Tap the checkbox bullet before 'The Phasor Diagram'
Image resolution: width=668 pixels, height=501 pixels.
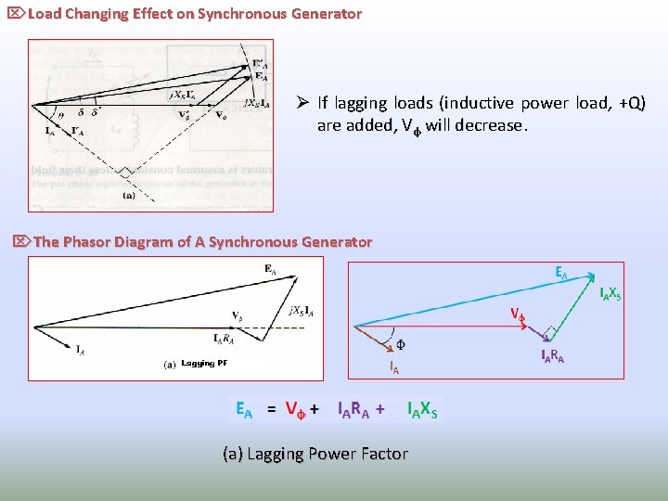(x=21, y=242)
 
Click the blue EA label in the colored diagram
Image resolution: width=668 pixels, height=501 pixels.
(x=561, y=273)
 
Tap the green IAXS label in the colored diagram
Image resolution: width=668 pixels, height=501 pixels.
(x=610, y=294)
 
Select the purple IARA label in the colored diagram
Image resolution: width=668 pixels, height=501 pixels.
(x=553, y=356)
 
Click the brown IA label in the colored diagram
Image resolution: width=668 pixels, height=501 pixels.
(x=393, y=368)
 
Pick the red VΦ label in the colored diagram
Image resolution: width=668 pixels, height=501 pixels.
(x=518, y=314)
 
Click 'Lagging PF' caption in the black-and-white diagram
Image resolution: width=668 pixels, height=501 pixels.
(x=204, y=363)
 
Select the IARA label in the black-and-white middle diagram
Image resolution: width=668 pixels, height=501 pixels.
(x=229, y=337)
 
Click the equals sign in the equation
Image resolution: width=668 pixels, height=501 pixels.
(x=272, y=409)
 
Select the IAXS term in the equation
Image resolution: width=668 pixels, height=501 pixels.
(x=422, y=409)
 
